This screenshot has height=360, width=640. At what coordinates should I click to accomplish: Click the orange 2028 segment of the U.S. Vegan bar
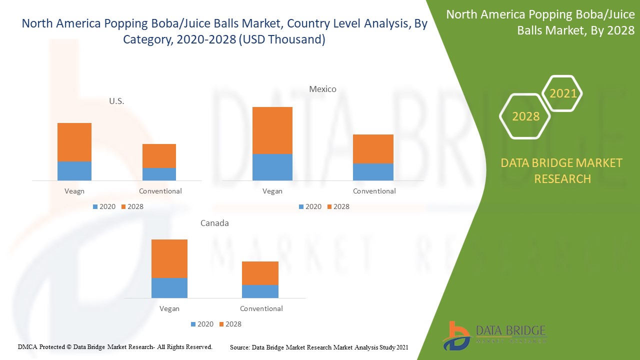click(74, 142)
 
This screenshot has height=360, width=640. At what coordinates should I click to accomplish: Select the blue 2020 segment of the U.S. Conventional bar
click(159, 174)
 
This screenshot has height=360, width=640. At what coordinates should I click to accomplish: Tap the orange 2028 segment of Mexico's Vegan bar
click(272, 130)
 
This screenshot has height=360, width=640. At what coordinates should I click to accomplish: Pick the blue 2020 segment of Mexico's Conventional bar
click(373, 172)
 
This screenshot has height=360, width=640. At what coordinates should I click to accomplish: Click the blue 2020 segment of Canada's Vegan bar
click(169, 288)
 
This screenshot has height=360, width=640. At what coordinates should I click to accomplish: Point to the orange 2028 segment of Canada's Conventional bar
click(260, 273)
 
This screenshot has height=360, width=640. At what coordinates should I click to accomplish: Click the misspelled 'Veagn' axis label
click(74, 191)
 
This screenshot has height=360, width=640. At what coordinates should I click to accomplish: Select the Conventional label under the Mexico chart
click(374, 191)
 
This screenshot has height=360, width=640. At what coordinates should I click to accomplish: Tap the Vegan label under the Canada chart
click(169, 308)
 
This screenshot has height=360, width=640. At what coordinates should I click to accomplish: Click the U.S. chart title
click(116, 101)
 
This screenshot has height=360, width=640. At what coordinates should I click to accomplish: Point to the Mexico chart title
click(322, 89)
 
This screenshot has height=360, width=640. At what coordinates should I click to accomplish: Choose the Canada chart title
click(214, 223)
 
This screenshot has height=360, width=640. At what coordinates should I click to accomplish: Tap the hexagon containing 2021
click(562, 93)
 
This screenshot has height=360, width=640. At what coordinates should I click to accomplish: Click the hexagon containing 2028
click(525, 116)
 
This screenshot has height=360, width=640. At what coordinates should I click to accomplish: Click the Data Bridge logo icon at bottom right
click(456, 335)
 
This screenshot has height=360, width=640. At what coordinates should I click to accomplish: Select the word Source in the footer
click(239, 347)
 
